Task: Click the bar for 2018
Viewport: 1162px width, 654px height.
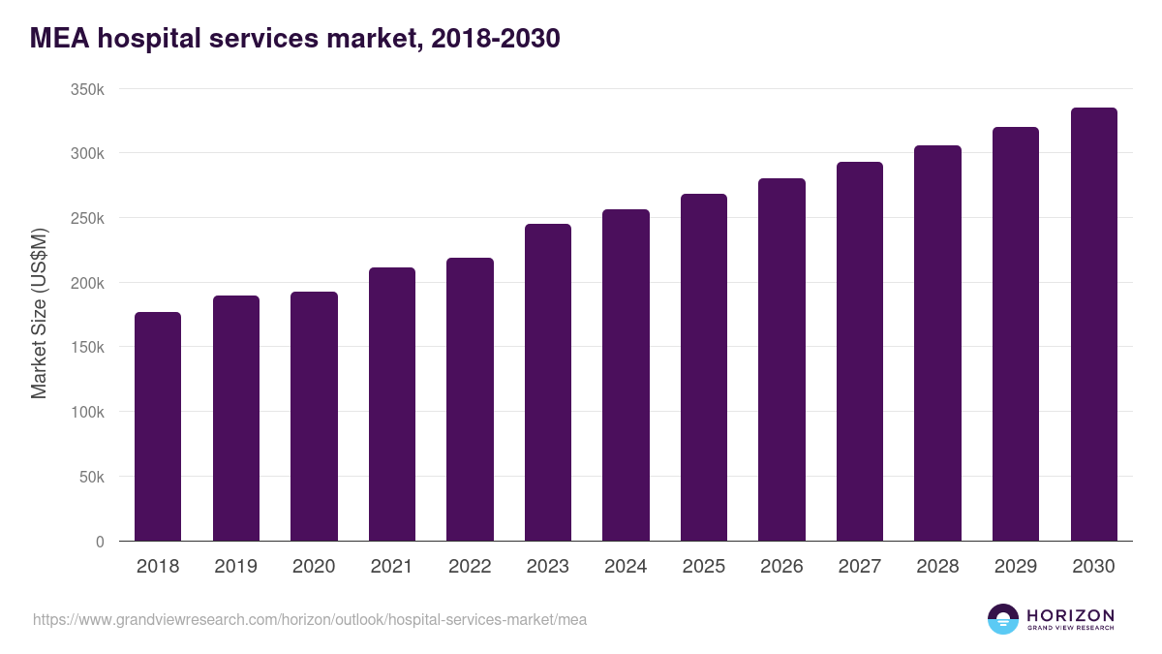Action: coord(158,426)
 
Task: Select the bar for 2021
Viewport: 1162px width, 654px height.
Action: coord(391,404)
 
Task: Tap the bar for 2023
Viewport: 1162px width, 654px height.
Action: coord(547,383)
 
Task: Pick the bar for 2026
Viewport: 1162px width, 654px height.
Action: coord(781,359)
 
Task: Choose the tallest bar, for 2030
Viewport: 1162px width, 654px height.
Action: coord(1093,325)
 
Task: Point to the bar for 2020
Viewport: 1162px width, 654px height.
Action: coord(314,417)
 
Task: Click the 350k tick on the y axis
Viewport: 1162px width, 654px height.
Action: coord(87,89)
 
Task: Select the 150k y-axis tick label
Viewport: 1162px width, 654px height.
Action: coord(87,347)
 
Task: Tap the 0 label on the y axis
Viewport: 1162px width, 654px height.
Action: coord(99,542)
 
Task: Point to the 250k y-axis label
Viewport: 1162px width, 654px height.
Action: coord(87,218)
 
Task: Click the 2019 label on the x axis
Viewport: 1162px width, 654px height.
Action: coord(235,567)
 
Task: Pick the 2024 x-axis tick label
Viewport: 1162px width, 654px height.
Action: coord(626,567)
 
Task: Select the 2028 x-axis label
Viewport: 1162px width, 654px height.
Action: coord(937,567)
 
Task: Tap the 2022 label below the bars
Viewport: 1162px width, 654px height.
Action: coord(470,567)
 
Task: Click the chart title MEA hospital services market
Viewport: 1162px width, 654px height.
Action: coord(294,39)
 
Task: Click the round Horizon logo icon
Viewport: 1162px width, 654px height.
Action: coord(1003,619)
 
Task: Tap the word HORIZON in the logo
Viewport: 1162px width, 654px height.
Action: coord(1070,615)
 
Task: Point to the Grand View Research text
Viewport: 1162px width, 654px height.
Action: coord(1070,629)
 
